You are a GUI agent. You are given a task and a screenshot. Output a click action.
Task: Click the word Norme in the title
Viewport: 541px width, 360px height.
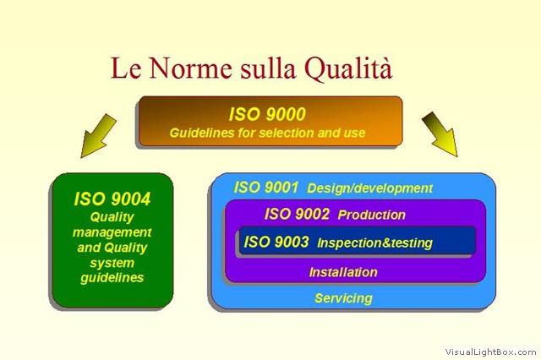coord(190,68)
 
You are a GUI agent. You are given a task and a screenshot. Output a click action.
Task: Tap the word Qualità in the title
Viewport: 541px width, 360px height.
coord(348,68)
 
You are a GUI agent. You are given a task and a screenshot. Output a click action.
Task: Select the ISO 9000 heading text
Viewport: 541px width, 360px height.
coord(267,114)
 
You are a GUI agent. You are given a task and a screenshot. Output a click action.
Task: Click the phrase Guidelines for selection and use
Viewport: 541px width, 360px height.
coord(267,133)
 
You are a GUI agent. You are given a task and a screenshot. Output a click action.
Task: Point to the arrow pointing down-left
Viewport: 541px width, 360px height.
coord(98,136)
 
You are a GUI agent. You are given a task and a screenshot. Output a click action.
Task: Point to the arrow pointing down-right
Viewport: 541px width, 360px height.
coord(440,134)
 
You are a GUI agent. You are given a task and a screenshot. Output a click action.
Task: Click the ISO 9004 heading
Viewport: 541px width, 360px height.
coord(112,199)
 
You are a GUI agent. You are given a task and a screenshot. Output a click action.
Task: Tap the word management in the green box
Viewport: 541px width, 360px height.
coord(112,232)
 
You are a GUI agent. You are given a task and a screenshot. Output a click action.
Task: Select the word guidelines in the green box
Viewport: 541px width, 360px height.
coord(112,278)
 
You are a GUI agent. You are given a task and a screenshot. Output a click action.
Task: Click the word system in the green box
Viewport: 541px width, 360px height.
coord(112,263)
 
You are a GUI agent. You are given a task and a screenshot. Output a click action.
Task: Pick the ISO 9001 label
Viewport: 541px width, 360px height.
coord(266,188)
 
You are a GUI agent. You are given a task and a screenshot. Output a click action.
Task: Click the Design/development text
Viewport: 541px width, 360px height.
coord(370,188)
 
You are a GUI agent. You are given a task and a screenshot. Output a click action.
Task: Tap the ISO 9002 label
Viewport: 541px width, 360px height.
coord(297,214)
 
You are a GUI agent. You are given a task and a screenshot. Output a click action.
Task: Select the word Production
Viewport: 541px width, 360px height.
coord(372,215)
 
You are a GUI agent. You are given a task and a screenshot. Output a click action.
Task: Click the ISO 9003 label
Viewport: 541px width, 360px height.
coord(276,242)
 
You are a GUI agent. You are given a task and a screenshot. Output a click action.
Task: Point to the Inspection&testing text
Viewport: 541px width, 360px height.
coord(374,243)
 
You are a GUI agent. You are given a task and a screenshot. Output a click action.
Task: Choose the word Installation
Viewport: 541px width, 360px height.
coord(343,272)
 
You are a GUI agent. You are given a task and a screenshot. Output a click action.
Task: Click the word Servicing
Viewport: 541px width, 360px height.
coord(344,298)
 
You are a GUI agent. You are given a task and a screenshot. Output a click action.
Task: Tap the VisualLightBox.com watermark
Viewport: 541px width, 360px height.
coord(490,352)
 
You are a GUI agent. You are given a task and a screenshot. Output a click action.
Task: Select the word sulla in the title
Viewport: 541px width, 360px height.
coord(268,68)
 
